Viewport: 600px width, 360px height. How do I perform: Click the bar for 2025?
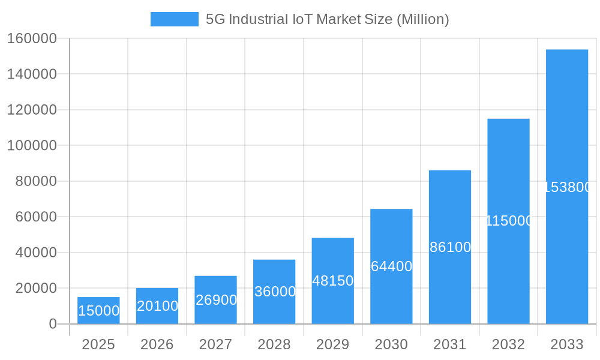point(98,310)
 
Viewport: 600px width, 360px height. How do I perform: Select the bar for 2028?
point(274,292)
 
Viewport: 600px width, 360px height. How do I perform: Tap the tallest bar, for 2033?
point(566,187)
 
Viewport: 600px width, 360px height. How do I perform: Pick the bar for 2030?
point(391,266)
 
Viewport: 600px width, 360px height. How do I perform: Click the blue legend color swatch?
point(174,19)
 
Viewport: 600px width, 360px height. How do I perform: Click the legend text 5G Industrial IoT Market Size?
point(327,19)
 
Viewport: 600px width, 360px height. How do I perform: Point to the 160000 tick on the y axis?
point(31,38)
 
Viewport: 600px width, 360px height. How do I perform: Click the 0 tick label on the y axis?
point(52,324)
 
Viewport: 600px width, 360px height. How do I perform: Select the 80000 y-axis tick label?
point(35,181)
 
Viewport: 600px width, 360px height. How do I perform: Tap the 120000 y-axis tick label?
point(31,110)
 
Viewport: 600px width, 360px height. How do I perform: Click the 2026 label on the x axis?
point(157,344)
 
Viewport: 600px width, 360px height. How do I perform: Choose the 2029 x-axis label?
point(332,344)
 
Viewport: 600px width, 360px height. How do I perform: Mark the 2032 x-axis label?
point(508,344)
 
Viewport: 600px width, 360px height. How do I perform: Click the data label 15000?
point(98,311)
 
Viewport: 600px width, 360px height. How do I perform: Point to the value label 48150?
point(332,281)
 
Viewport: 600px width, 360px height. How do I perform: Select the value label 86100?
point(450,247)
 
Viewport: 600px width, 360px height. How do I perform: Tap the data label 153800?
point(567,187)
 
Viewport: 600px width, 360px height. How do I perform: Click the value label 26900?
point(216,300)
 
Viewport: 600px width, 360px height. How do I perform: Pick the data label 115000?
point(508,221)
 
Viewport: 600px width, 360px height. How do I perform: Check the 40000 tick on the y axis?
point(35,253)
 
